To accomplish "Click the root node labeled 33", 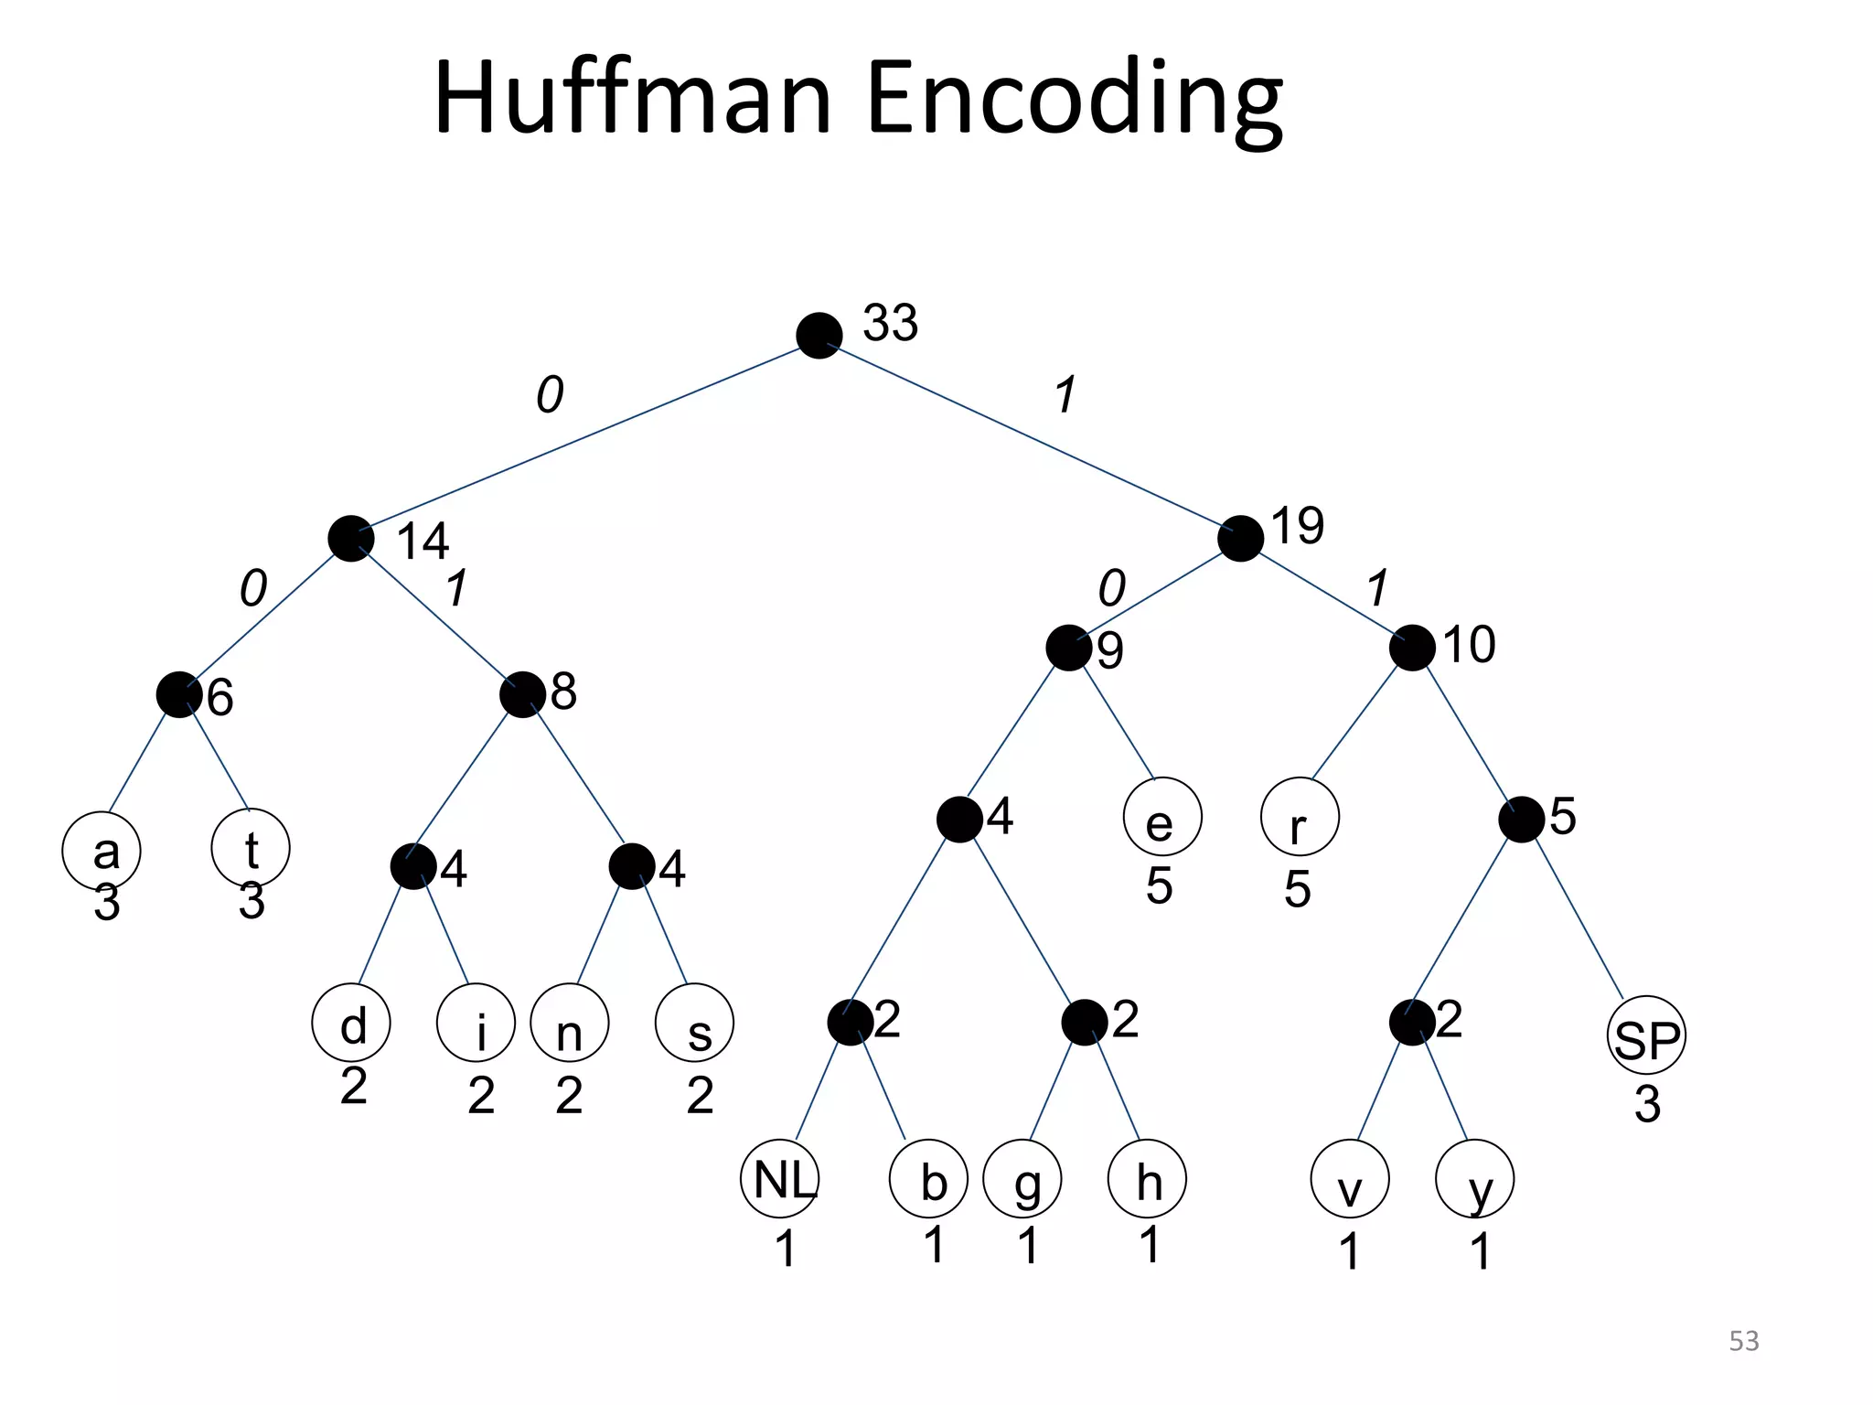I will [819, 336].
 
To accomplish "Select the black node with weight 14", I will [350, 539].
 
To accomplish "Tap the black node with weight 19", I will [1240, 539].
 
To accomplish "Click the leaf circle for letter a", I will [102, 851].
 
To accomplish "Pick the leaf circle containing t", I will [251, 848].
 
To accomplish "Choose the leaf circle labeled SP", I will [1646, 1035].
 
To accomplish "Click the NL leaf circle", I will [780, 1179].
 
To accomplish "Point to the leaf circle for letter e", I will [1162, 817].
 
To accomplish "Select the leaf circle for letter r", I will [1300, 817].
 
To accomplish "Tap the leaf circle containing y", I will [1475, 1179].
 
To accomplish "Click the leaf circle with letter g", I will [1022, 1179].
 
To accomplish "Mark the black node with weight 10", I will [1411, 648].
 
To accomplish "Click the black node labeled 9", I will [1068, 648].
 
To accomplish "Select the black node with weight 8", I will [522, 694].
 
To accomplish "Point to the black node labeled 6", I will [178, 694].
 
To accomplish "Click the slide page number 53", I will [1743, 1341].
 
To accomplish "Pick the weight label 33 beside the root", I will [890, 323].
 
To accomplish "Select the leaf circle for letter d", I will [351, 1023].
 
